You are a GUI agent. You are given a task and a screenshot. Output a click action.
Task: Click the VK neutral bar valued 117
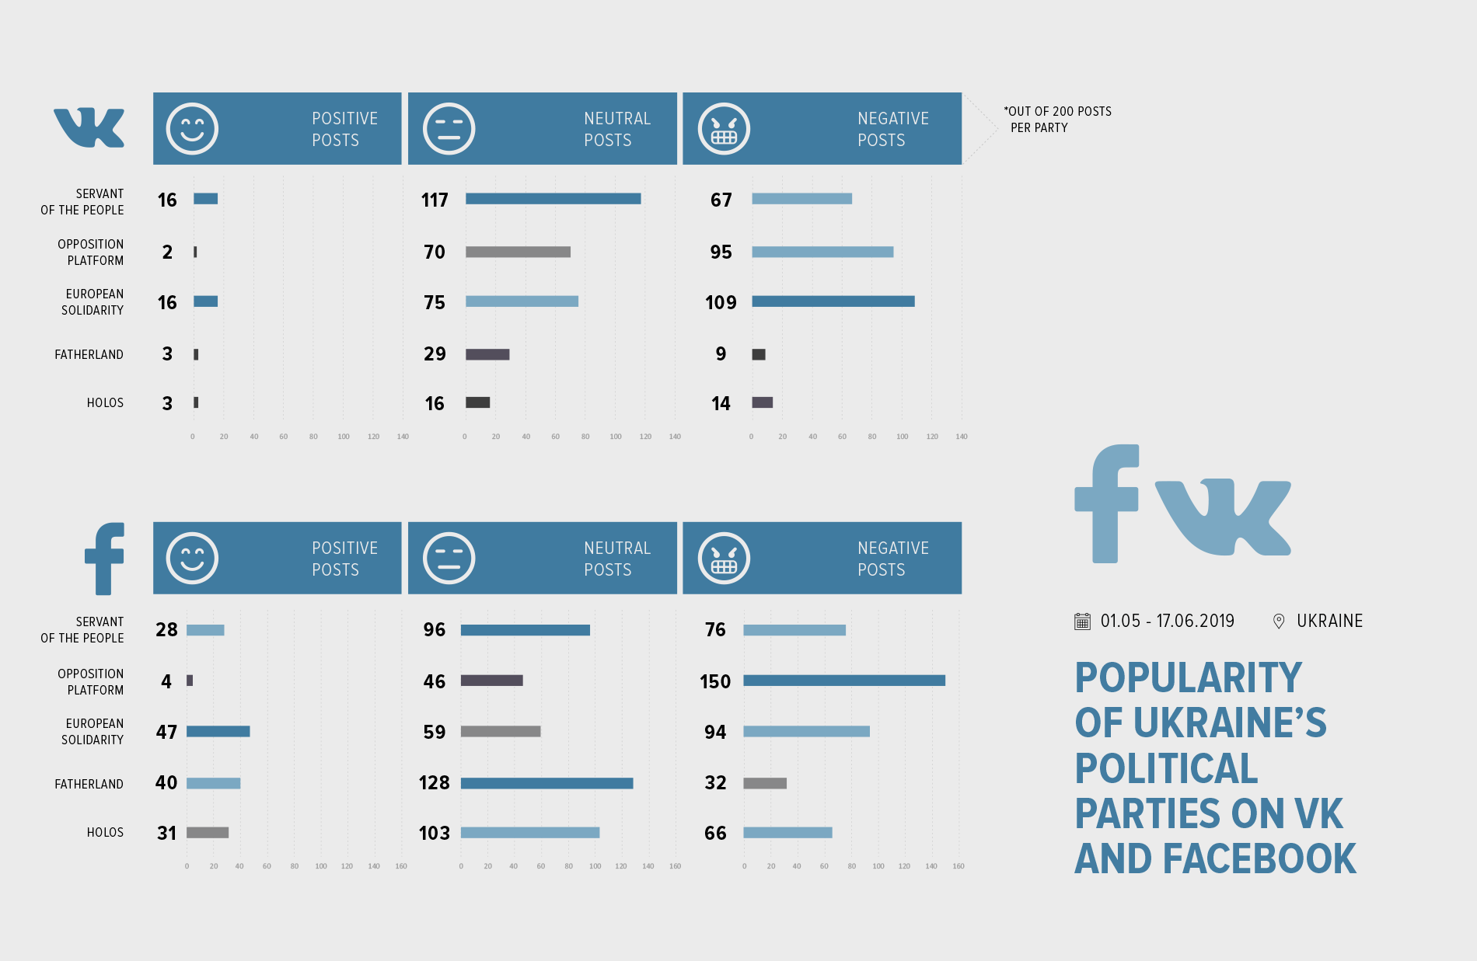[x=553, y=199]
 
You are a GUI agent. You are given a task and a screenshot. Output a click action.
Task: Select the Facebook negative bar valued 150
[x=843, y=681]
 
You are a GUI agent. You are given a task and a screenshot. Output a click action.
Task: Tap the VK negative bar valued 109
[x=833, y=301]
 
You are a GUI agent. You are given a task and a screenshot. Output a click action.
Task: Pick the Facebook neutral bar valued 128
[x=546, y=783]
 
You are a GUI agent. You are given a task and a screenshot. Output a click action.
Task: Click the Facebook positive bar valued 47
[x=218, y=731]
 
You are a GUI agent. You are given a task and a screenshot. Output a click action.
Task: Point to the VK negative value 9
[x=721, y=354]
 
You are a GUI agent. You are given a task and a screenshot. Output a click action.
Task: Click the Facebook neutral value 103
[x=434, y=833]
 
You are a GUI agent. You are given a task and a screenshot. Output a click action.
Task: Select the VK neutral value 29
[x=435, y=354]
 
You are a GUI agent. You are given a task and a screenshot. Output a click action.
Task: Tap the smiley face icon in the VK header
[x=192, y=129]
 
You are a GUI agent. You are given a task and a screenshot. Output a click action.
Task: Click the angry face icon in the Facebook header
[x=724, y=558]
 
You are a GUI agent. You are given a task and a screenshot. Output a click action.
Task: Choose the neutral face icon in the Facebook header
[x=449, y=558]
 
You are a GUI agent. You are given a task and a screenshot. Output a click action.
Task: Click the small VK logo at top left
[x=89, y=127]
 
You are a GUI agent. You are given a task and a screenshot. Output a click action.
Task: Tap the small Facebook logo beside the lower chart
[x=105, y=559]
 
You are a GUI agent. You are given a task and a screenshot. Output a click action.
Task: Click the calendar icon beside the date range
[x=1082, y=622]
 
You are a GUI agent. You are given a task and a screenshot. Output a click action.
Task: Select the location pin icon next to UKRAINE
[x=1278, y=622]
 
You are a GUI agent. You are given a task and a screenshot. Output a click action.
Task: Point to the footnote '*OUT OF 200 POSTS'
[x=1057, y=112]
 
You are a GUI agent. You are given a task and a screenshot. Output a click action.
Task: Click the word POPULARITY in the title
[x=1188, y=678]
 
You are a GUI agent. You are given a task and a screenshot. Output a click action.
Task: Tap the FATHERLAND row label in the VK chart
[x=89, y=355]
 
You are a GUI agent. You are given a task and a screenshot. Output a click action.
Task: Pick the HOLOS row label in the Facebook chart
[x=105, y=833]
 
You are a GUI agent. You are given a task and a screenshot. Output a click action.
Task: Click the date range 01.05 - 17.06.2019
[x=1167, y=622]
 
